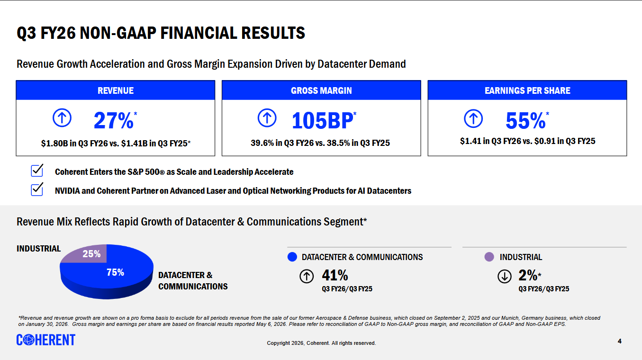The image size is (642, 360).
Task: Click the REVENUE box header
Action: tap(116, 90)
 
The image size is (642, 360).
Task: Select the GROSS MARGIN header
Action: tap(321, 90)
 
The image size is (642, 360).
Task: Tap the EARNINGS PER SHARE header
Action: tap(527, 90)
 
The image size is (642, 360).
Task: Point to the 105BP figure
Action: tap(323, 121)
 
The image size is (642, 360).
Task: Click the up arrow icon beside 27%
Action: tap(62, 118)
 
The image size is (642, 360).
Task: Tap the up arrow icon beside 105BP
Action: tap(267, 118)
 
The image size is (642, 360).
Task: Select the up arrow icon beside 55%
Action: tap(473, 118)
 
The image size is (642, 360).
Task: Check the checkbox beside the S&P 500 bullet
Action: tap(37, 171)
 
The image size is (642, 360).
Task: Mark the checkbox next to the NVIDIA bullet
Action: tap(37, 189)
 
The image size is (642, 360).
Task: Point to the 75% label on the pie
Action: tap(115, 272)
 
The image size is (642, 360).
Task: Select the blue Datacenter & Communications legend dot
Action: tap(292, 257)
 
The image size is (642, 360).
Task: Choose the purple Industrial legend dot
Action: tap(489, 257)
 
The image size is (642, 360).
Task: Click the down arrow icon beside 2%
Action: tap(505, 276)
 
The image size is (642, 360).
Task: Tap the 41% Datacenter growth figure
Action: tap(335, 275)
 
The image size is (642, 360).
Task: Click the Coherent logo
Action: tap(46, 340)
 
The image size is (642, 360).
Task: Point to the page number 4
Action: tap(619, 341)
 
